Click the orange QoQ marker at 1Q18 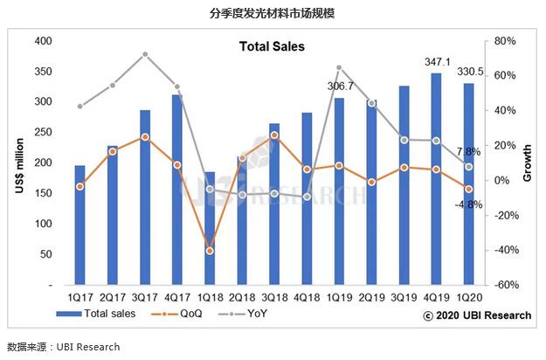point(209,251)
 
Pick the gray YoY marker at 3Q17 point(145,54)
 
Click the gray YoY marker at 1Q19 point(338,67)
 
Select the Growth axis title point(527,163)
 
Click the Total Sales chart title point(272,46)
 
